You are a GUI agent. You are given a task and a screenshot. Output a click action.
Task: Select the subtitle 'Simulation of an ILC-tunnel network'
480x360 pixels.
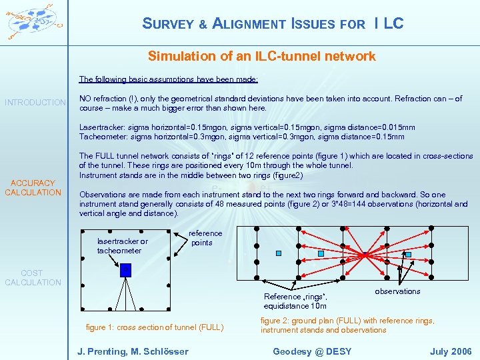[261, 56]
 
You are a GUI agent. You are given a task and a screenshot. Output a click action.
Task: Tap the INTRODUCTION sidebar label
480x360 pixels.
[35, 103]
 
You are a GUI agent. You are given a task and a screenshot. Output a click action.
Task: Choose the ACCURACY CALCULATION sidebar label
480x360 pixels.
[33, 187]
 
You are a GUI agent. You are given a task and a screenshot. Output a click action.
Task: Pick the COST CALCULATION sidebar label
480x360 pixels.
[32, 278]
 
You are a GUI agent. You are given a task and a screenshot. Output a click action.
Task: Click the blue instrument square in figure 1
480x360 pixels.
[125, 270]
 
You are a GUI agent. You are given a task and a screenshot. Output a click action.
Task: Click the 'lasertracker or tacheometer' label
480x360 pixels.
[123, 245]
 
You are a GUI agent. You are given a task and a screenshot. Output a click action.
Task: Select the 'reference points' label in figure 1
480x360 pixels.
[205, 238]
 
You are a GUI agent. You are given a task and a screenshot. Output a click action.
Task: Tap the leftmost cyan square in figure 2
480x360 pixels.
[279, 253]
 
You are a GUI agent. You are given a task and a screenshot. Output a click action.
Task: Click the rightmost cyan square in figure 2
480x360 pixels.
[409, 254]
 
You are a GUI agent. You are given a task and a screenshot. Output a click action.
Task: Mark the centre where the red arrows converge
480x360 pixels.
[365, 254]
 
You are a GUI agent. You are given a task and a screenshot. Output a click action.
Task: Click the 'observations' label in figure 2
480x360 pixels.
[397, 291]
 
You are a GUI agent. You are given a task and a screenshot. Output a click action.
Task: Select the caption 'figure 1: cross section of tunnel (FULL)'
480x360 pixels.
[155, 327]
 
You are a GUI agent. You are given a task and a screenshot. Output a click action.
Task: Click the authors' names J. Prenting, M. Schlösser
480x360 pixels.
[133, 351]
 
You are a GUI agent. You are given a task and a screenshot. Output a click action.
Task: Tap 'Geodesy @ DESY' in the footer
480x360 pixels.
[312, 351]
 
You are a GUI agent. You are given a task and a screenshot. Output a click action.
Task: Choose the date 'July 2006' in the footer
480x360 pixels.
[450, 351]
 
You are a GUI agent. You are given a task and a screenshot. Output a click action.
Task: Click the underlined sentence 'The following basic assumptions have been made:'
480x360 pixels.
[168, 79]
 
